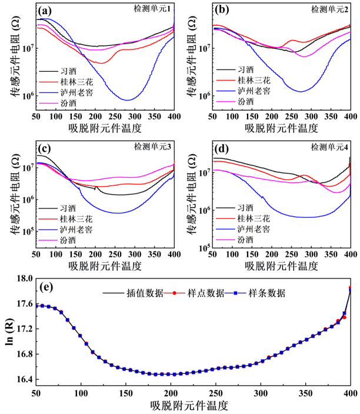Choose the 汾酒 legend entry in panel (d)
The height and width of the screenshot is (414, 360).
[246, 240]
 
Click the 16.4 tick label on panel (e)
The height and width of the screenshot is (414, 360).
[22, 379]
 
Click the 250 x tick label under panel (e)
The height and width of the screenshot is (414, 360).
[216, 393]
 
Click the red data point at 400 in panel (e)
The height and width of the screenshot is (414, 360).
[351, 288]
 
